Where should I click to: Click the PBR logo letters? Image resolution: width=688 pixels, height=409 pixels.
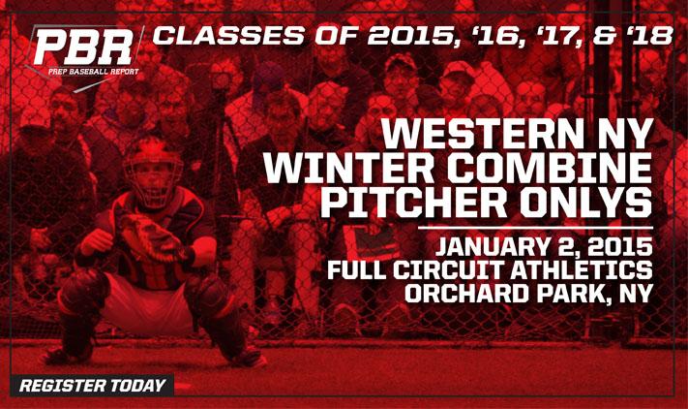tap(83, 48)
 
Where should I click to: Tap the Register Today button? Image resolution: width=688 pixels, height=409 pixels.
tap(92, 386)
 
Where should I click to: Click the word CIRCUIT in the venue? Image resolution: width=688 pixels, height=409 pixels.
tap(445, 269)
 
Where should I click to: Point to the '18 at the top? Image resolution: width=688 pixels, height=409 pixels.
tap(652, 36)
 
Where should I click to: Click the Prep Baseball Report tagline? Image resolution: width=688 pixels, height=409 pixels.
tap(94, 72)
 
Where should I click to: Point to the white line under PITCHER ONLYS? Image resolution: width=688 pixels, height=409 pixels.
tap(535, 228)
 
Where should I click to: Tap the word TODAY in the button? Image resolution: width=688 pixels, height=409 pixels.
tap(138, 386)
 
